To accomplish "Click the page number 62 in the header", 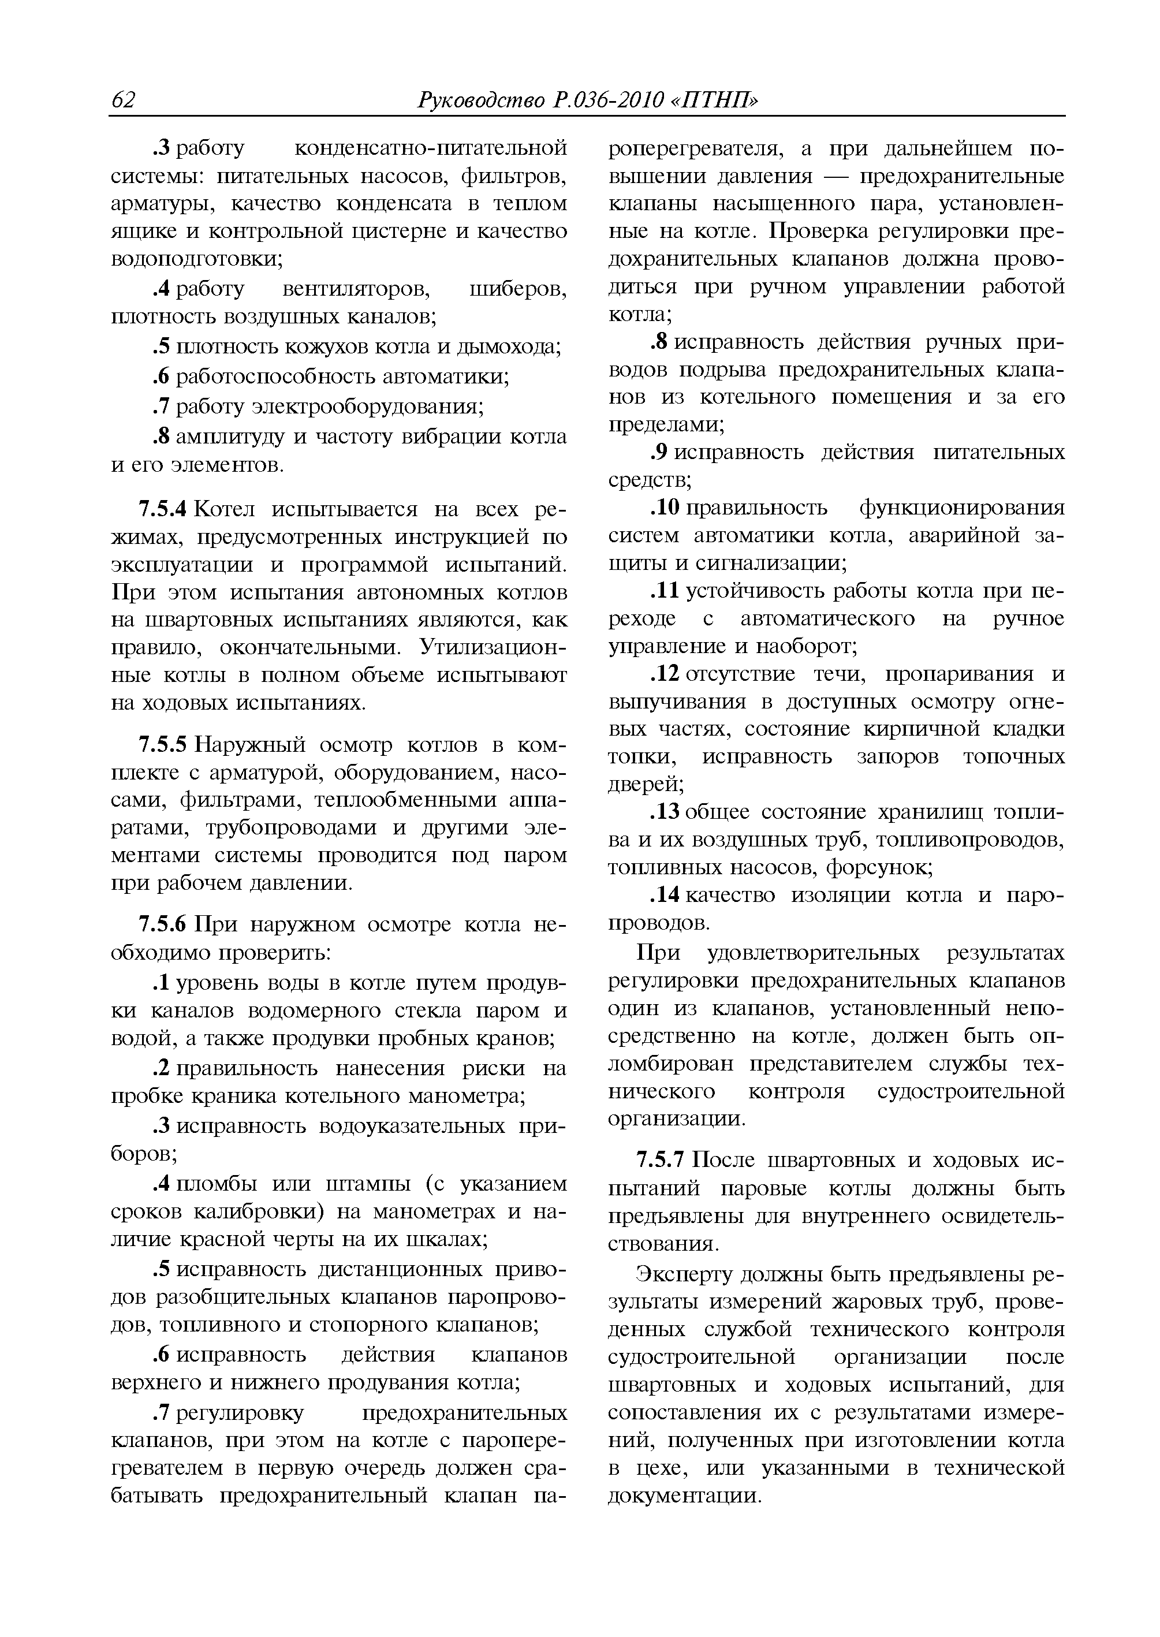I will pos(124,100).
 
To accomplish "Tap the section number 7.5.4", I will pos(162,509).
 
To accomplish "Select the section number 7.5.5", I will pos(162,745).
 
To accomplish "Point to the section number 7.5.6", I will pos(162,924).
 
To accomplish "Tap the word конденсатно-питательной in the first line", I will pos(431,148).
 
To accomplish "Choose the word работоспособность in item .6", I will pos(278,376).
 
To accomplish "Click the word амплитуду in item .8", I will pos(232,437).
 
